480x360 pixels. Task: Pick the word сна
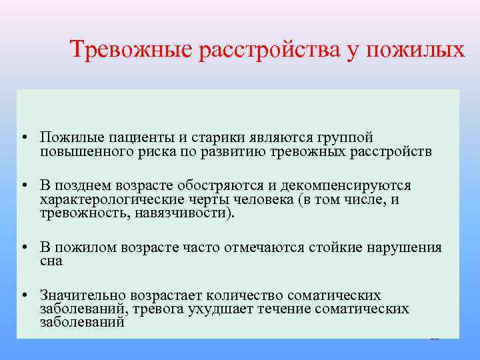point(51,261)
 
